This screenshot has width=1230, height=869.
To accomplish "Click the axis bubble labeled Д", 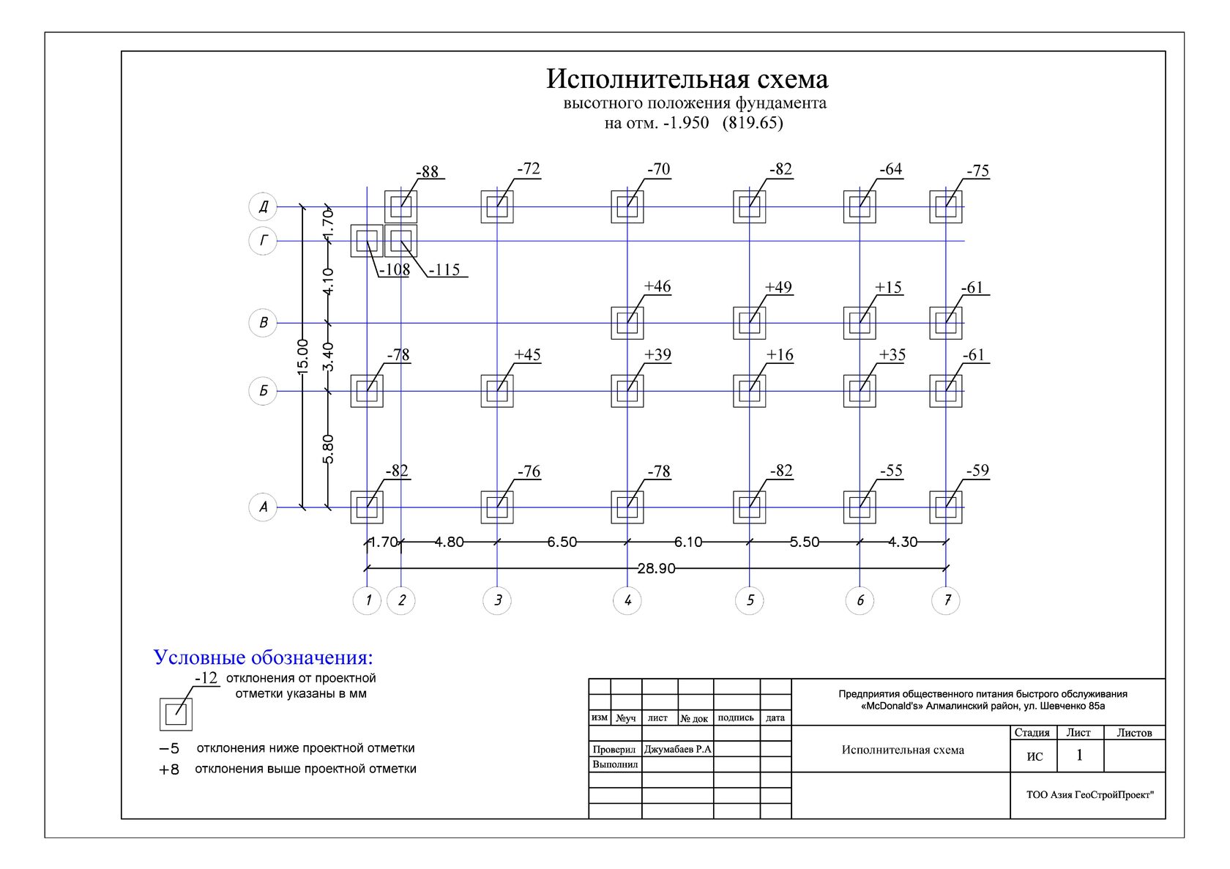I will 263,206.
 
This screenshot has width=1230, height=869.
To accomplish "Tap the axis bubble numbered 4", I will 627,600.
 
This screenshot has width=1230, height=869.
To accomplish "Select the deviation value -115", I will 444,269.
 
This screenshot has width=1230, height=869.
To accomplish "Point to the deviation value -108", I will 395,269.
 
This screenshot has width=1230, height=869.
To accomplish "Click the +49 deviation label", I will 778,287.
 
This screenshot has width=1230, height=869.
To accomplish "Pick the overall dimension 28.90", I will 656,568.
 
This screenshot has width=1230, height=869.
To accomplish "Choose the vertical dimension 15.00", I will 302,356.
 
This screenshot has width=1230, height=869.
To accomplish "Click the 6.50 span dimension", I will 562,542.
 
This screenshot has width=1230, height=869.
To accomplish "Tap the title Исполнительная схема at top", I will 687,79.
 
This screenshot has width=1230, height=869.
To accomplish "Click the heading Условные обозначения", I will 263,657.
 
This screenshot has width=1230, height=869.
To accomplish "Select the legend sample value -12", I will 206,678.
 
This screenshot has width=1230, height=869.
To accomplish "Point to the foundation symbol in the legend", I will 176,715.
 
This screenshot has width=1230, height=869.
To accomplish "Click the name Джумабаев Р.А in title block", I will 677,749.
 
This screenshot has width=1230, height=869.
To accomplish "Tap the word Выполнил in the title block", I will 615,764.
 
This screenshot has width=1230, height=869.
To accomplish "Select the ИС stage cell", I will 1034,756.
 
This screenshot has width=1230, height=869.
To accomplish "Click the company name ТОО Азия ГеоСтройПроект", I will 1089,794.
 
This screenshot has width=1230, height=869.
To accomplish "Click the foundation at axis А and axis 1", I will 367,507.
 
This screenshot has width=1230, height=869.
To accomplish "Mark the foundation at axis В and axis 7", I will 946,323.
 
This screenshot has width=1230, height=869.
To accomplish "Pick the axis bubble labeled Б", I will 263,391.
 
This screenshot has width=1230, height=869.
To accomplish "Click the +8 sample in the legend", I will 169,769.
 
